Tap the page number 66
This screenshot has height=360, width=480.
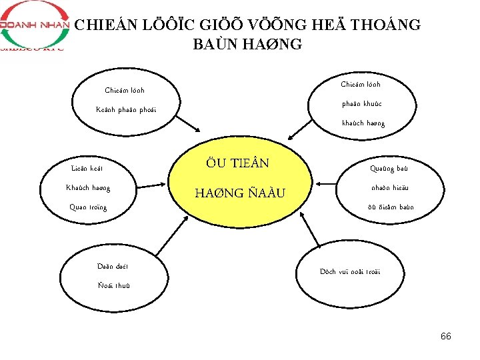pos(445,336)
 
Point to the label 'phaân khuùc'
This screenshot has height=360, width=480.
pos(361,104)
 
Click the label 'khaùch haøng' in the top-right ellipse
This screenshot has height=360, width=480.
pos(363,123)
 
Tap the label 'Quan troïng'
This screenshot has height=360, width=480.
pos(88,207)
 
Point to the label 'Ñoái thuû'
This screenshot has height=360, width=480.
pos(114,286)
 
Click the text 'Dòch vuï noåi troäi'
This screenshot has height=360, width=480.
pos(350,272)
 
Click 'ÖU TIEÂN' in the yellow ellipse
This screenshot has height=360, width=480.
pos(237,163)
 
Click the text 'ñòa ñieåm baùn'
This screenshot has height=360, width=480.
pos(390,207)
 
